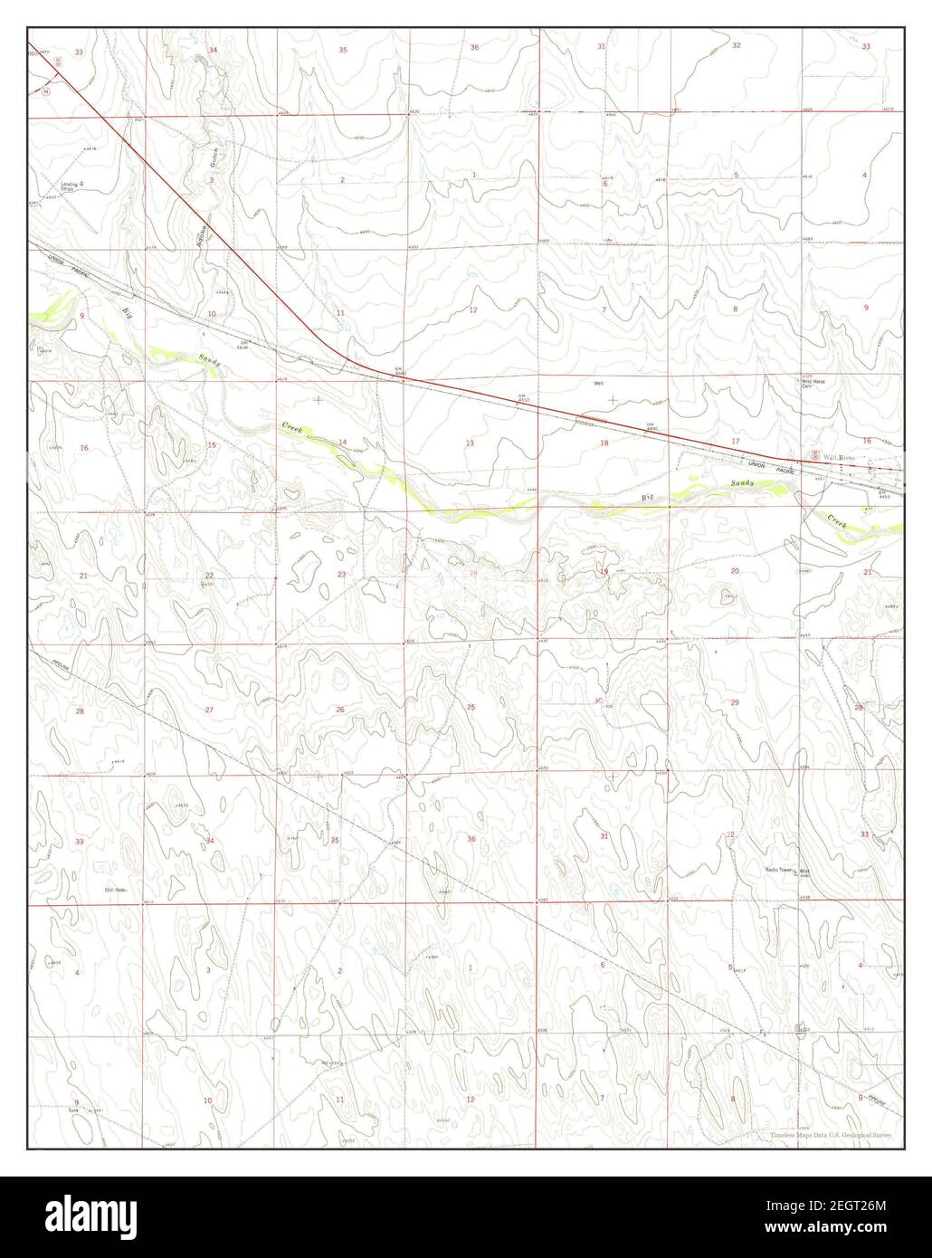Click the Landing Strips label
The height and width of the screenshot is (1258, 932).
click(x=68, y=187)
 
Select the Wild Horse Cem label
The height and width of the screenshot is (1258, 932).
click(x=812, y=383)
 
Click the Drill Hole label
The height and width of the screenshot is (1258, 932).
click(x=114, y=890)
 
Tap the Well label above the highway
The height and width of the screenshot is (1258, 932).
click(x=598, y=383)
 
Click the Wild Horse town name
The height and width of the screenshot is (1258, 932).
click(x=832, y=458)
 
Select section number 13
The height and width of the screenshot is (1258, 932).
click(x=470, y=443)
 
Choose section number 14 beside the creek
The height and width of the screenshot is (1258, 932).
click(x=342, y=442)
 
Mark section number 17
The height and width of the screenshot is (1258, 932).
click(x=735, y=441)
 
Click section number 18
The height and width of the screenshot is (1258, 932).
click(x=604, y=443)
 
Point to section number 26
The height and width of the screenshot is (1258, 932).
click(x=340, y=709)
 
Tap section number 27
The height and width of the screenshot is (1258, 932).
click(x=209, y=710)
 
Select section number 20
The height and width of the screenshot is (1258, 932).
click(x=735, y=571)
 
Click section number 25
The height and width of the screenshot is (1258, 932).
click(x=471, y=707)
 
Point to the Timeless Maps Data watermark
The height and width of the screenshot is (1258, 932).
click(x=832, y=1135)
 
